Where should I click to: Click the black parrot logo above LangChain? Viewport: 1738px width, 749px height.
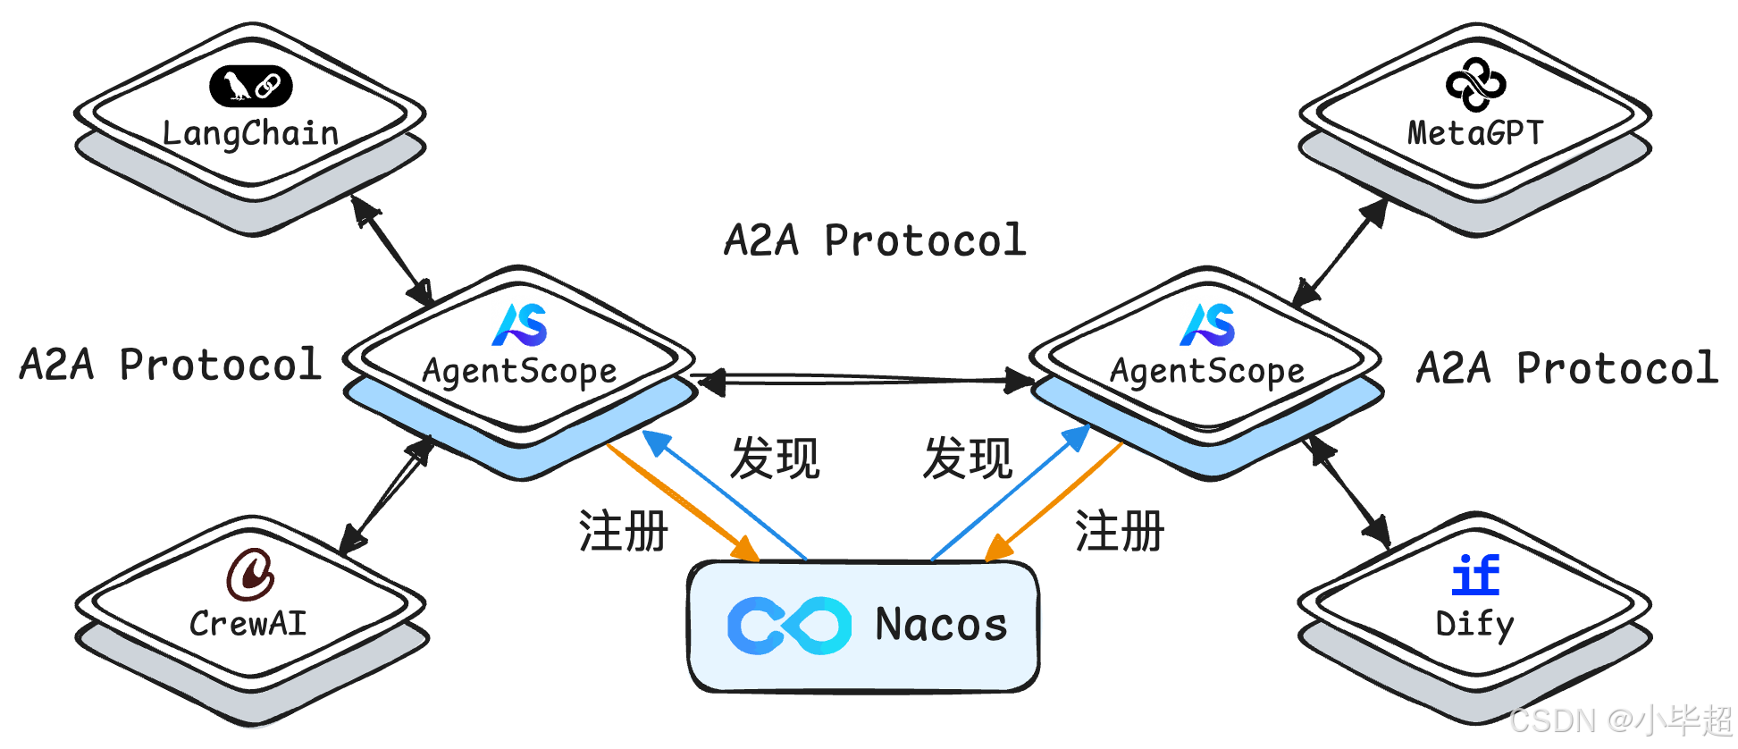click(x=250, y=86)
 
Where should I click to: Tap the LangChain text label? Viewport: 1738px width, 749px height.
click(x=250, y=133)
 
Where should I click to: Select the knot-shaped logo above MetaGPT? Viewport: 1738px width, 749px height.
click(x=1475, y=85)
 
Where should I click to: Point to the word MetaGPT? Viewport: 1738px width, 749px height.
click(x=1475, y=133)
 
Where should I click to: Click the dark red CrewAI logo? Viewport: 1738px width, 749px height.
click(x=250, y=574)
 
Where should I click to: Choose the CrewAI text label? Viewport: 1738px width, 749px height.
click(x=248, y=623)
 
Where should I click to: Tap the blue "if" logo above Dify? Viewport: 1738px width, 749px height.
click(x=1475, y=575)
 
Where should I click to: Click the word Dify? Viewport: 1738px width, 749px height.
click(x=1474, y=625)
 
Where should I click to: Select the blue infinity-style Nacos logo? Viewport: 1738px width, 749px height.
click(x=790, y=625)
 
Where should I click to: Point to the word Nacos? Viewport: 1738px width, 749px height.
click(x=941, y=624)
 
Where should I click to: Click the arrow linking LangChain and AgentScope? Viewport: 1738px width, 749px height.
click(x=392, y=250)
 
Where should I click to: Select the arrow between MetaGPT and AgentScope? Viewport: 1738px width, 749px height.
click(x=1340, y=252)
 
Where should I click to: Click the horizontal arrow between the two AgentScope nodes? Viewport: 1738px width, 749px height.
click(x=865, y=381)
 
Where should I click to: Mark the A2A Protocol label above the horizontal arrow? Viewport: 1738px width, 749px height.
click(x=875, y=240)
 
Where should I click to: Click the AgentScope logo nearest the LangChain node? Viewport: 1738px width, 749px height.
click(x=520, y=324)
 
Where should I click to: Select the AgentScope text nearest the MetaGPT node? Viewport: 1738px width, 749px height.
click(x=1207, y=371)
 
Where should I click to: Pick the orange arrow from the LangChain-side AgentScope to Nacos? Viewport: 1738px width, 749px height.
click(x=683, y=502)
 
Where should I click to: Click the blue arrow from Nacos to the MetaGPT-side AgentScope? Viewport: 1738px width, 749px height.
click(x=1011, y=493)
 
